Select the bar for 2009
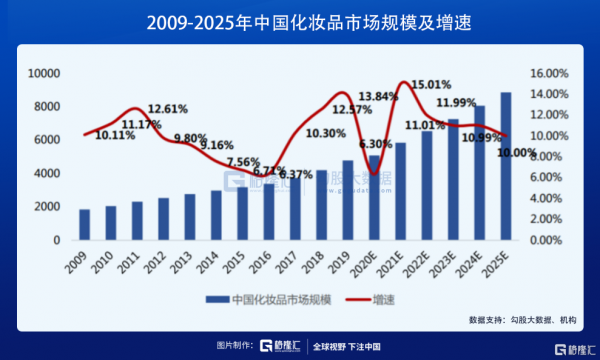tap(84, 225)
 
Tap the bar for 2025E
tap(505, 166)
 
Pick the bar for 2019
tap(347, 200)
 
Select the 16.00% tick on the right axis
tap(548, 73)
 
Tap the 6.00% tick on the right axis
tap(549, 178)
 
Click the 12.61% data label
tap(168, 108)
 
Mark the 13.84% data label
tap(379, 95)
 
